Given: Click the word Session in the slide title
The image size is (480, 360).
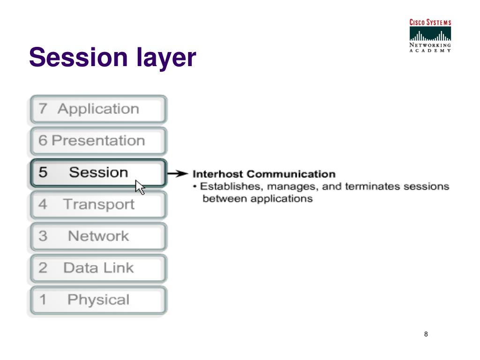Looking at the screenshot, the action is point(78,57).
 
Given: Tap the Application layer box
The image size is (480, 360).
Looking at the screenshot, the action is point(98,109).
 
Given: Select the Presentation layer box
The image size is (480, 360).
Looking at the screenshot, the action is point(98,141).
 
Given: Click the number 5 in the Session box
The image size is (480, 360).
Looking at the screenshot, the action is point(43,172).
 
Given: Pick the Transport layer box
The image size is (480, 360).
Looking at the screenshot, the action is point(98,205).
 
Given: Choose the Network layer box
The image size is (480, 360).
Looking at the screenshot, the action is point(98,237).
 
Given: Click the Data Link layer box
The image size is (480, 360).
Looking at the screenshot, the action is point(98,269).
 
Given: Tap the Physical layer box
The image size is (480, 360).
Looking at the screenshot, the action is point(98,300).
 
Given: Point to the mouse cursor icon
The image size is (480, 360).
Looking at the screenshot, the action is point(140,187).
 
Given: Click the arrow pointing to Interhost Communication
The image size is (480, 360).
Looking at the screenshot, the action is point(178,173).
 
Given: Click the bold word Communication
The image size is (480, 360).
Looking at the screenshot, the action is point(291,174).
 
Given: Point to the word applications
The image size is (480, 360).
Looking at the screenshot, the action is point(282,199).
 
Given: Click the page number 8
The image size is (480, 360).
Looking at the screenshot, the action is point(426,334).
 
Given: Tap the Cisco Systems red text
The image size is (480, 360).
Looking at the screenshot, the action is point(430,22).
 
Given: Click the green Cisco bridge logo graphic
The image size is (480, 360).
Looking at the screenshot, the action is point(430,34).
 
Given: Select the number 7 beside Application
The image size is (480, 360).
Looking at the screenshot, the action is point(43,109).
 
